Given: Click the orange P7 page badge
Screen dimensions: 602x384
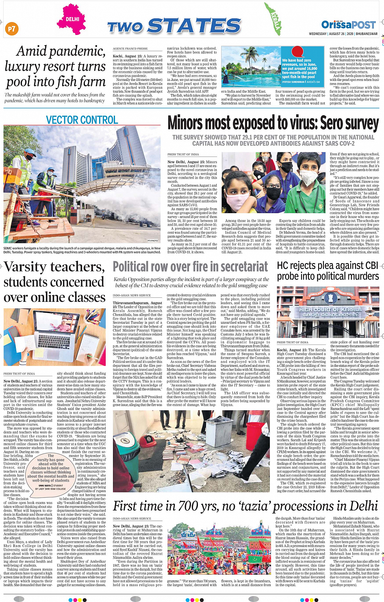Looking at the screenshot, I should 12,28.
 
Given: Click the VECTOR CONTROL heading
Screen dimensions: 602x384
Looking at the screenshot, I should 82,120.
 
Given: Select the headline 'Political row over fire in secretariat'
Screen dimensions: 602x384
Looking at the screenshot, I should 190,267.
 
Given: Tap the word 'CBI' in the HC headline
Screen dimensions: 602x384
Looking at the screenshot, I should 371,266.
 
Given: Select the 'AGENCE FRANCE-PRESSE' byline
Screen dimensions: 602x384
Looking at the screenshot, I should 130,49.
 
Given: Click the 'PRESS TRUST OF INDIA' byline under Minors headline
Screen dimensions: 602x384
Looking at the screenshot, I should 183,155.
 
